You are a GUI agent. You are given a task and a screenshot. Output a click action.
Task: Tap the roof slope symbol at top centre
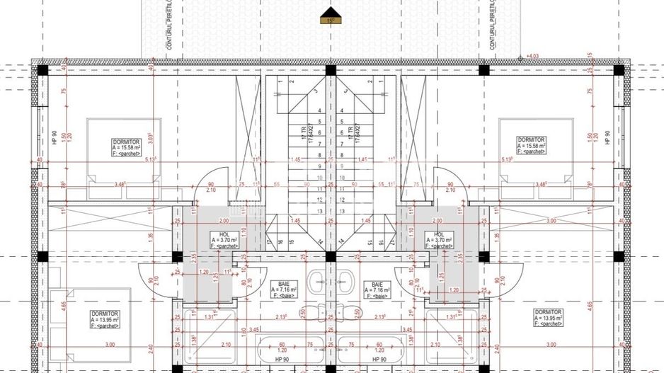point(331,16)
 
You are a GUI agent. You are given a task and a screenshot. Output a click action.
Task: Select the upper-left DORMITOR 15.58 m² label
point(126,147)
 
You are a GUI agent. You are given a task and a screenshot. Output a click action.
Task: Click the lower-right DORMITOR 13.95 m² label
point(549,317)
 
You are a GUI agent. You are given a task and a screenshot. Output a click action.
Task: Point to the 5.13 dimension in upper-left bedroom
point(149,160)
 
